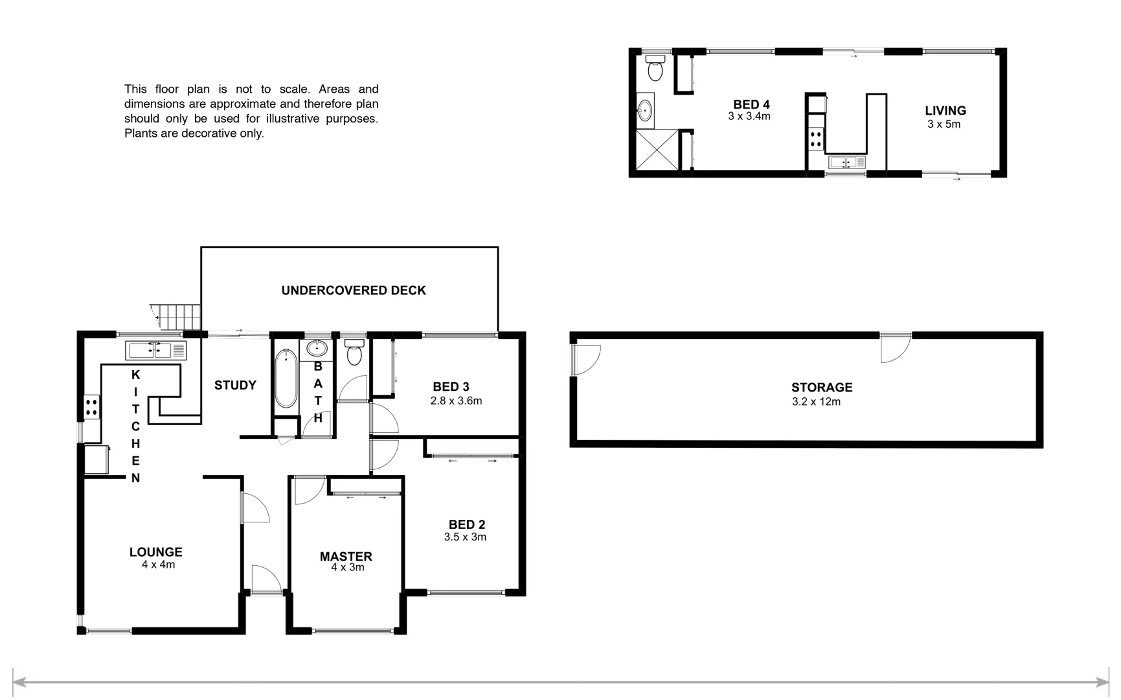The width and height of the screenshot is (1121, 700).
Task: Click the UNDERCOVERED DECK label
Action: pos(354,290)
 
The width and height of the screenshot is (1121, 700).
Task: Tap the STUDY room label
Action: pos(235,385)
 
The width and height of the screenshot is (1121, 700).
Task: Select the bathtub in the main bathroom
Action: pos(286,379)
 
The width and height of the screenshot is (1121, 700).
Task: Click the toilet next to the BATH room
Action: pos(354,353)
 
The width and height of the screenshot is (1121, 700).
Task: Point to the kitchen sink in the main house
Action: pos(155,351)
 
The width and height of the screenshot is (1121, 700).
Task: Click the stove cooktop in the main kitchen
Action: pos(91,407)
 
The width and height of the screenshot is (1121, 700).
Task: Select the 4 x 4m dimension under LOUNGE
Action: pos(158,565)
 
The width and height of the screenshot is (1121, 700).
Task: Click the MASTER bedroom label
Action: pos(346,556)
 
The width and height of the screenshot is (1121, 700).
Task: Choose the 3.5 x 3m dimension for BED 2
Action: pos(465,537)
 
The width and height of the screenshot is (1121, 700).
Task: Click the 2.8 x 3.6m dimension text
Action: pos(456,401)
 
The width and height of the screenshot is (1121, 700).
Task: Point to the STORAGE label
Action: pos(821,387)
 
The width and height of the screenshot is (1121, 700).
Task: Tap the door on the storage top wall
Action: pos(895,347)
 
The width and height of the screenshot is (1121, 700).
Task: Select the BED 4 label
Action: pos(751,104)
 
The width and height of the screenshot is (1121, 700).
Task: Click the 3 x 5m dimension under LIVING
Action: pos(944,124)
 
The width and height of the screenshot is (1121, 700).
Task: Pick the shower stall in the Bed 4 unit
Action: pos(657,150)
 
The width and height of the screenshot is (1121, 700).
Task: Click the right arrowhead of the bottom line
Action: pos(1102,682)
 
